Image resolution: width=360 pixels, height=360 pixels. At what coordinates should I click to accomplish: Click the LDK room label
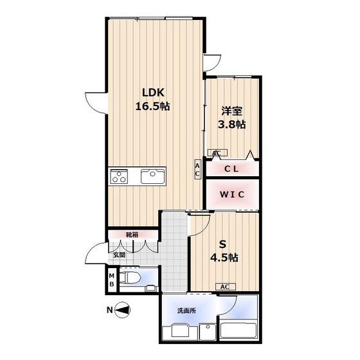click(x=154, y=93)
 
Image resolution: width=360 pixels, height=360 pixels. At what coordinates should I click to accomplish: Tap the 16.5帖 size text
click(x=153, y=106)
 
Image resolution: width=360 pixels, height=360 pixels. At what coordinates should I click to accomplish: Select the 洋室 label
click(x=231, y=111)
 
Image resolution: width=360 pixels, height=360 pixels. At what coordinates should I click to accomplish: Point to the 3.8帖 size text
click(x=231, y=125)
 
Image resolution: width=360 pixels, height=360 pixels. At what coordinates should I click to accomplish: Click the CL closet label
click(x=231, y=169)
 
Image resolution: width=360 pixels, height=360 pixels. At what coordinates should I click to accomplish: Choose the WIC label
click(x=232, y=194)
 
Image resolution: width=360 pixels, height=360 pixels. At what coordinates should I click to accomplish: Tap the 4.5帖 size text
click(x=224, y=258)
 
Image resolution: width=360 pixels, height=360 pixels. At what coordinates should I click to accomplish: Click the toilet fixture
click(x=130, y=278)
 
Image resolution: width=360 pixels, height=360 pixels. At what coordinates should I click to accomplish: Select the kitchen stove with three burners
click(x=119, y=176)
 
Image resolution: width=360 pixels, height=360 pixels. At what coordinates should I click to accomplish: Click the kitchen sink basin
click(x=153, y=176)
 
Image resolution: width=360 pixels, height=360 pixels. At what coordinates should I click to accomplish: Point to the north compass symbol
click(x=122, y=310)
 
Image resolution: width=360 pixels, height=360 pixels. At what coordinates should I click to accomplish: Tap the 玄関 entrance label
click(x=120, y=255)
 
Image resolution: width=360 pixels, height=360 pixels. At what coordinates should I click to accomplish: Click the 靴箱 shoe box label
click(x=132, y=235)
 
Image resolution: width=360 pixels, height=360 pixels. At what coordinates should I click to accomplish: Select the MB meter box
click(x=112, y=280)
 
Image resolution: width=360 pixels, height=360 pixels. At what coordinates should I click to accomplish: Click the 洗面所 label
click(x=186, y=310)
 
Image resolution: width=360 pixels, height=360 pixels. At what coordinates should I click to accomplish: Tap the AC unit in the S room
click(x=226, y=287)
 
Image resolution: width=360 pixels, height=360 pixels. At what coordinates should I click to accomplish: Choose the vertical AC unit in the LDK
click(x=197, y=169)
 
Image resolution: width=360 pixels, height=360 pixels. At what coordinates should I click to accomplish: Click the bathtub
click(x=238, y=331)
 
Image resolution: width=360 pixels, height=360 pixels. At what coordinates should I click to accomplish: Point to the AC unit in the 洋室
click(x=217, y=152)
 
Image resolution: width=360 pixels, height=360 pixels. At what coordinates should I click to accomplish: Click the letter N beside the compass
click(x=110, y=310)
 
